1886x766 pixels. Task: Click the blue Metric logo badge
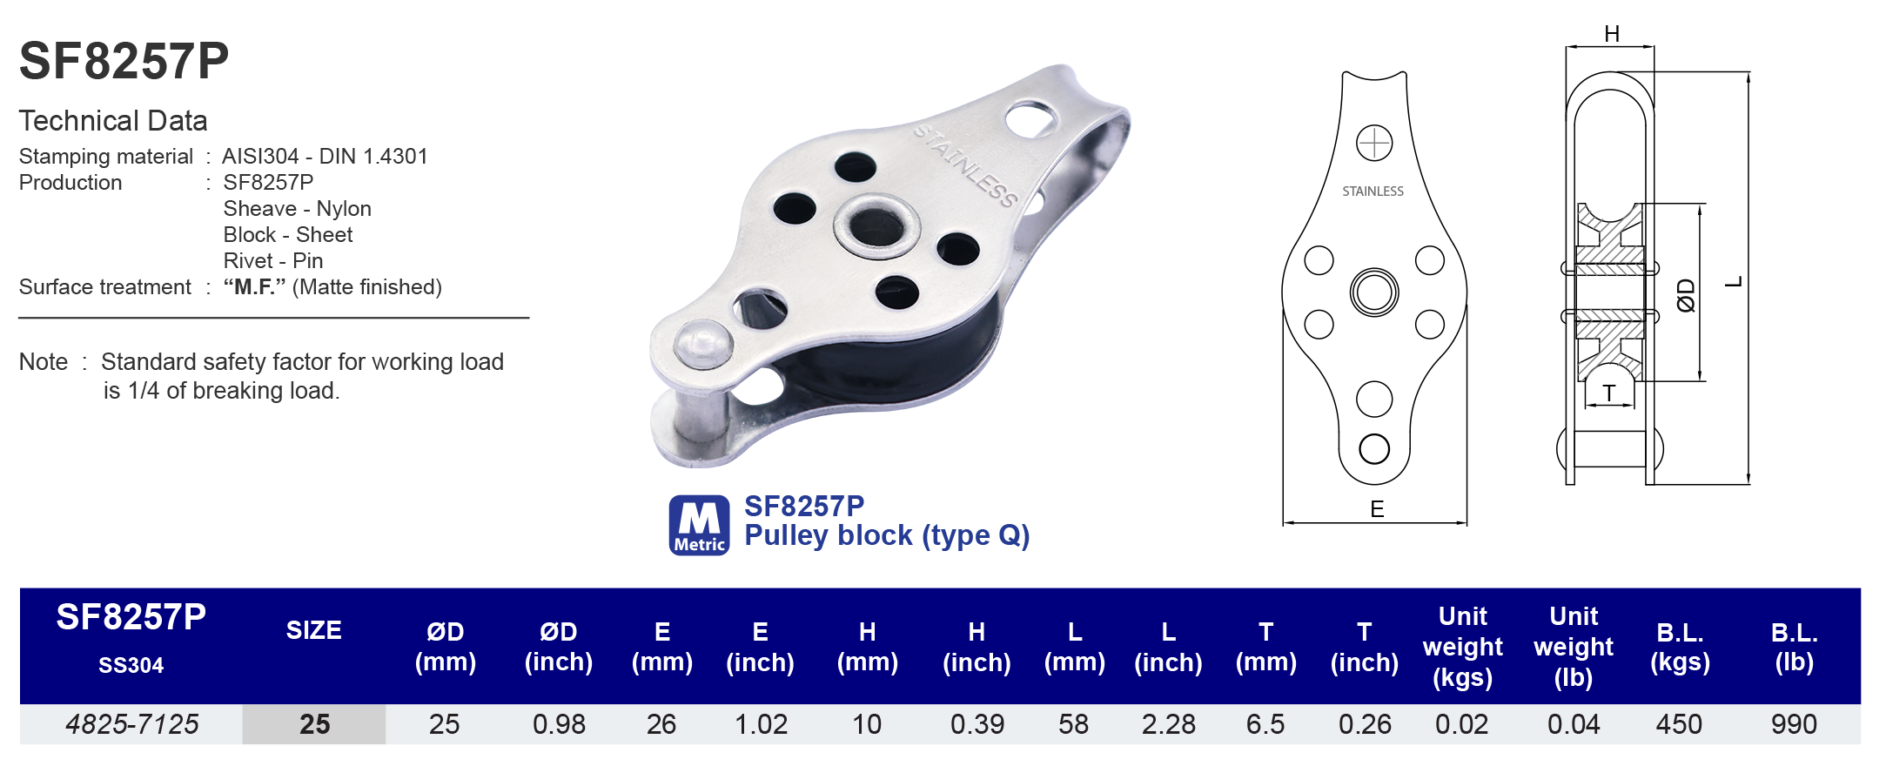[699, 525]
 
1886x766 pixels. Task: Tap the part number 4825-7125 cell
[132, 724]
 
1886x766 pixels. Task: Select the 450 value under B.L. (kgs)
[1679, 724]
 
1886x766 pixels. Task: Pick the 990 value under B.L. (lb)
[1794, 724]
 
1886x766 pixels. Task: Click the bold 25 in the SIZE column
[314, 724]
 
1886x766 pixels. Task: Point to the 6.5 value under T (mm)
[1265, 724]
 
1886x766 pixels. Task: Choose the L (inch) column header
[1168, 647]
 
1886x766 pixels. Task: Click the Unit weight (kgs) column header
[1462, 647]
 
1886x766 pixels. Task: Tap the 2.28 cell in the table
[1168, 724]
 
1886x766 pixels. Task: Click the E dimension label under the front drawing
[1377, 509]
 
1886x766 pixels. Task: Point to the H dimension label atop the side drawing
[1612, 34]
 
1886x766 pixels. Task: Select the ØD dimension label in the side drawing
[1686, 295]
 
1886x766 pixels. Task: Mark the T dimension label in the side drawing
[1609, 393]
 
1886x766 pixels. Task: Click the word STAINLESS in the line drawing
[1373, 191]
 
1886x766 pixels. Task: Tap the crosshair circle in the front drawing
[1374, 143]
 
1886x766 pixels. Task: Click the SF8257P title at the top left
[124, 61]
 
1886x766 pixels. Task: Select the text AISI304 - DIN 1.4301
[325, 157]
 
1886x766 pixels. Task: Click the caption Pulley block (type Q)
[887, 535]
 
